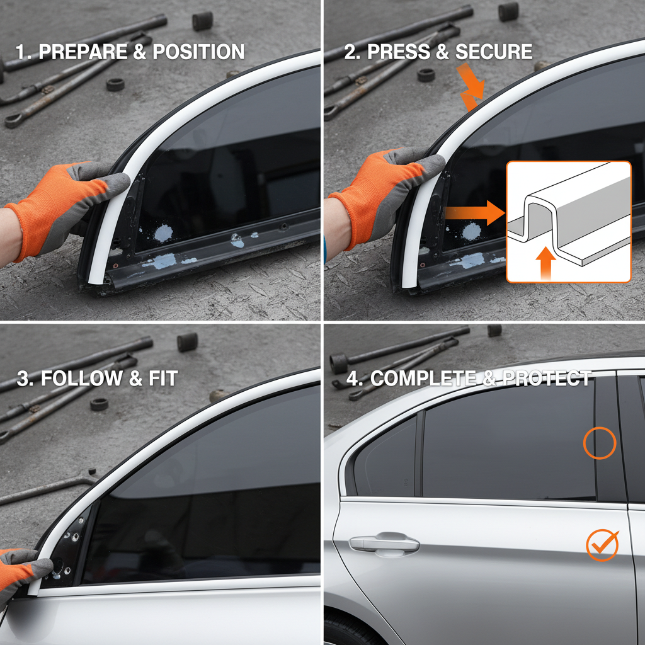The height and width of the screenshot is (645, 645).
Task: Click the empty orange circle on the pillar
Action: point(599,443)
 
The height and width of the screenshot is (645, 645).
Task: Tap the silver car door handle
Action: point(385,542)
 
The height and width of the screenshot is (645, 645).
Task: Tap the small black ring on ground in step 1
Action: point(115,84)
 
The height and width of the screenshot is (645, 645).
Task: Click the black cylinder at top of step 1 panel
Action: point(203,21)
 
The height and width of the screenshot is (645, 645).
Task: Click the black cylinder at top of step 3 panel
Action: point(187,342)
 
